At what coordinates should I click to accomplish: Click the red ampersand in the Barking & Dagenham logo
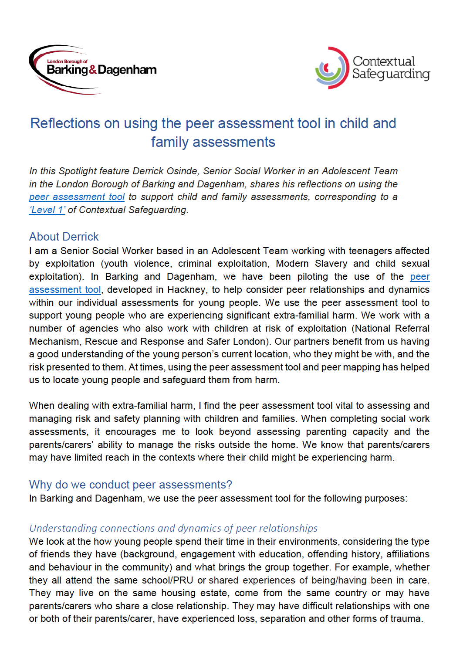click(93, 70)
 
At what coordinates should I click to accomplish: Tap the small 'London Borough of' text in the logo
click(67, 61)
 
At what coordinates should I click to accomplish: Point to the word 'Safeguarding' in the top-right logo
click(391, 74)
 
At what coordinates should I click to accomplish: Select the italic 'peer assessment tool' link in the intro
click(77, 197)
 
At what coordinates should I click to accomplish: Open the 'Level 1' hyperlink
click(47, 210)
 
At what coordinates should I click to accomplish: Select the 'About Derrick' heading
click(64, 237)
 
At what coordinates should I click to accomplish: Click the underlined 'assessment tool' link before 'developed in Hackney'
click(65, 290)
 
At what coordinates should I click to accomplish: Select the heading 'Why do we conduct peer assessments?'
click(130, 485)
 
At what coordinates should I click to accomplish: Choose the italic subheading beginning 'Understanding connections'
click(173, 528)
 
